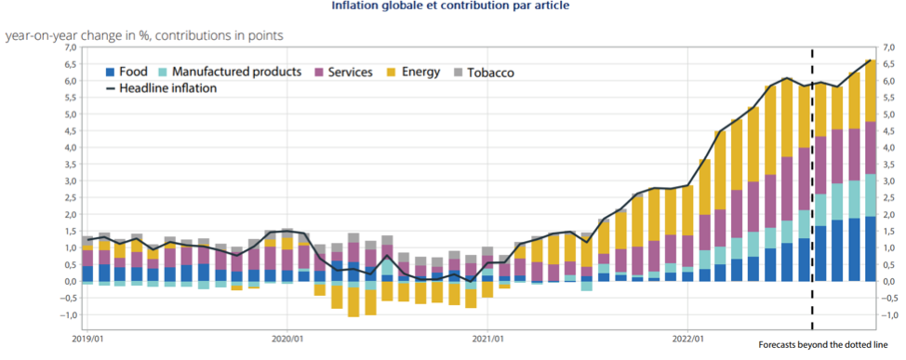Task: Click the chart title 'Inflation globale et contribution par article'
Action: (451, 6)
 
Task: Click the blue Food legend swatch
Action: (111, 72)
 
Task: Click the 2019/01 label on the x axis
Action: (87, 340)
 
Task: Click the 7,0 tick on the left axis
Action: (71, 47)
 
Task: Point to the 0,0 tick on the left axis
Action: (71, 282)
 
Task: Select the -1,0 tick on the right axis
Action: (889, 315)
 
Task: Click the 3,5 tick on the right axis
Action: (889, 165)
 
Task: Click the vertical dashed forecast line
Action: (812, 186)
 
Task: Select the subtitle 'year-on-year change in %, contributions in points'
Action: (145, 35)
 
